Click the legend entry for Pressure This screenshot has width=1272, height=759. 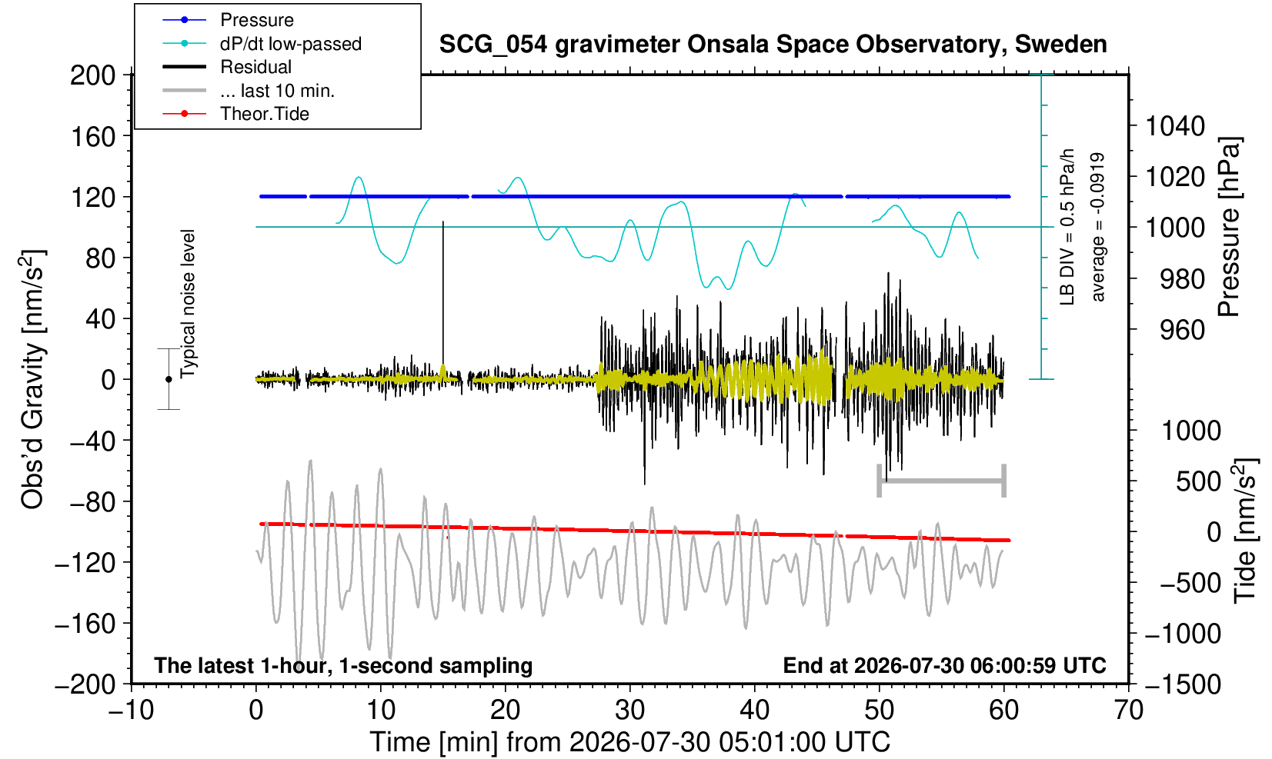[x=257, y=21]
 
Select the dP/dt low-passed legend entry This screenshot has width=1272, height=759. [x=291, y=44]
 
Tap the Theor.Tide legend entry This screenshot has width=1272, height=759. [x=265, y=114]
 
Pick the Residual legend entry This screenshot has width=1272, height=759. [x=255, y=67]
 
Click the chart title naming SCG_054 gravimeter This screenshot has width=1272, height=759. [x=773, y=45]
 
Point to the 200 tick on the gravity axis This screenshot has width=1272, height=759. [x=92, y=75]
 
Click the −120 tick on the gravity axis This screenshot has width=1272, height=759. [x=85, y=563]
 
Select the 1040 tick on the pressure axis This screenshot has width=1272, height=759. [x=1175, y=126]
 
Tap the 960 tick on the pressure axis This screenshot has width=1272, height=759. [x=1182, y=330]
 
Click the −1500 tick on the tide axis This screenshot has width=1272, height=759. [x=1183, y=684]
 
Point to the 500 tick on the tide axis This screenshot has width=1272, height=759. [x=1198, y=481]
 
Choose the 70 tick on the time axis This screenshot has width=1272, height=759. [x=1128, y=711]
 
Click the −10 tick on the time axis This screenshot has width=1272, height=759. [x=131, y=711]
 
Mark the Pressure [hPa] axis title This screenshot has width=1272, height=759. [x=1229, y=227]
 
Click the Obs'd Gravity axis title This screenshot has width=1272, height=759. [x=32, y=379]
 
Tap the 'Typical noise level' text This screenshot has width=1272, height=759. [x=188, y=305]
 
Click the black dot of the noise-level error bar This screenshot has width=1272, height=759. [x=169, y=379]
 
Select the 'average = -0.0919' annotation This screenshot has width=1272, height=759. [x=1097, y=227]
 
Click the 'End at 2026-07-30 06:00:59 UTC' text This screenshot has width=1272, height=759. [x=944, y=665]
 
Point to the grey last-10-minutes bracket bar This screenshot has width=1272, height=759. [x=942, y=481]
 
